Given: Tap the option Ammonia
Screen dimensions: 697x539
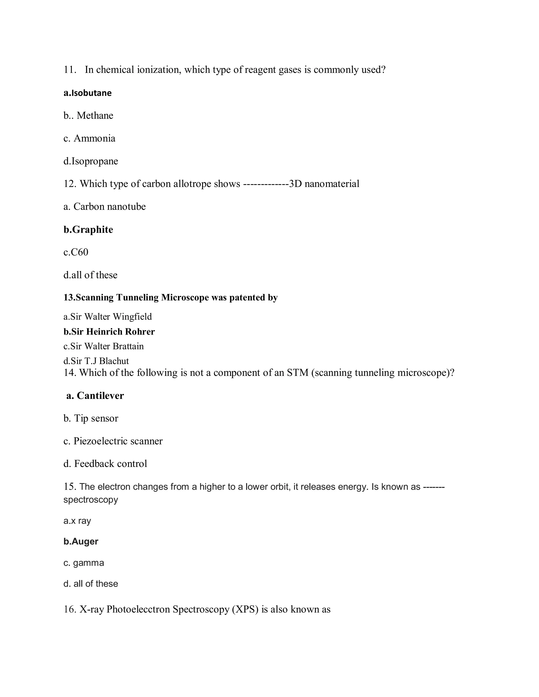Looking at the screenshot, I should click(94, 138).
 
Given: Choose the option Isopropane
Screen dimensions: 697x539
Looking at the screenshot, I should click(94, 161).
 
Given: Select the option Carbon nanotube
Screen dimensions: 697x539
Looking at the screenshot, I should click(109, 206).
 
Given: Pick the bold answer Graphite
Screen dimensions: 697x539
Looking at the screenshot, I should click(93, 229).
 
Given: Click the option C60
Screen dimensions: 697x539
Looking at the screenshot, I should click(79, 252).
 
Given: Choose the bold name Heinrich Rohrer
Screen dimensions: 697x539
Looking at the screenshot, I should click(120, 332).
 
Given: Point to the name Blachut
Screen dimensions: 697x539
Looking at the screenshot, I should click(114, 361).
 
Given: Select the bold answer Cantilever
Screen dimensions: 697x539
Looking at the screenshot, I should click(100, 396).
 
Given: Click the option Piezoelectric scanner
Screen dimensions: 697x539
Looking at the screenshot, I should click(118, 441).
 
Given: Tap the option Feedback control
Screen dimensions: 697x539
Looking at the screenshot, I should click(111, 464).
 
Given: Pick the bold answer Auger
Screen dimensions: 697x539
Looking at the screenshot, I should click(85, 541).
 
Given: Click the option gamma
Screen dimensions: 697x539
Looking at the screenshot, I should click(88, 563).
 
